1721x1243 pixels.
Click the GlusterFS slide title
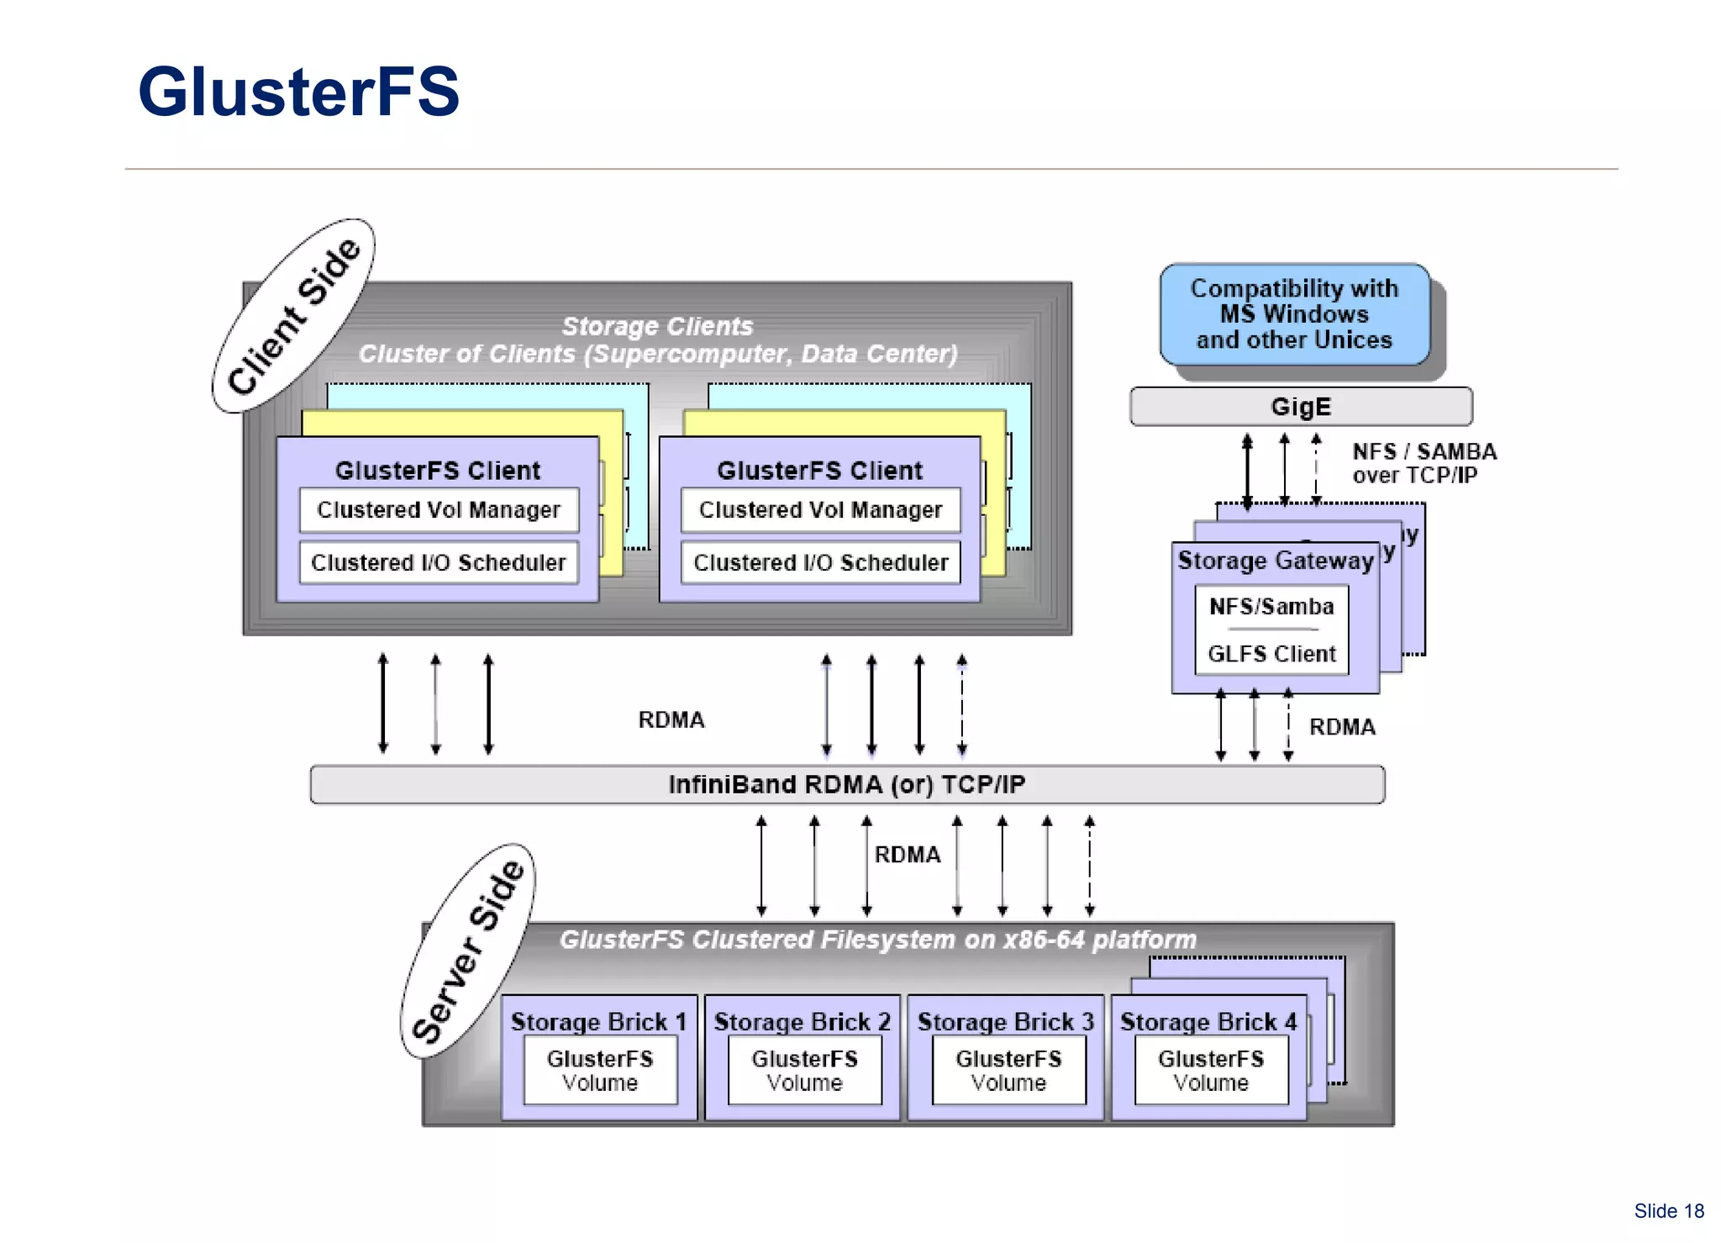pyautogui.click(x=299, y=92)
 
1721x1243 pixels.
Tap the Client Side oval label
pyautogui.click(x=293, y=315)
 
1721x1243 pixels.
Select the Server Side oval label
pyautogui.click(x=468, y=951)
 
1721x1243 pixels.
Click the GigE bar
pyautogui.click(x=1300, y=407)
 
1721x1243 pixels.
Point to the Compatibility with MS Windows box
pyautogui.click(x=1294, y=314)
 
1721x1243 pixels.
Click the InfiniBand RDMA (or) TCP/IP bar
pyautogui.click(x=846, y=784)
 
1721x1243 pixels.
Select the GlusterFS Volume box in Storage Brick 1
pyautogui.click(x=600, y=1070)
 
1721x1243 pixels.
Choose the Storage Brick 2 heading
pyautogui.click(x=802, y=1021)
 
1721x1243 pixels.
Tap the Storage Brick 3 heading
pyautogui.click(x=1005, y=1021)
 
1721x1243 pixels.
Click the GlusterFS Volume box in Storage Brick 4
pyautogui.click(x=1211, y=1070)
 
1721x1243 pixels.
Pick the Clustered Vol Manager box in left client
pyautogui.click(x=439, y=510)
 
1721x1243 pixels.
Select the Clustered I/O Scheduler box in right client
pyautogui.click(x=820, y=562)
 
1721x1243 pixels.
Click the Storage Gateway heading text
pyautogui.click(x=1275, y=561)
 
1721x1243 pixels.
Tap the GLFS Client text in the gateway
pyautogui.click(x=1271, y=654)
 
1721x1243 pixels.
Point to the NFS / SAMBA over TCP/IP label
pyautogui.click(x=1424, y=463)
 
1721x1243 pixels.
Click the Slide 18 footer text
pyautogui.click(x=1668, y=1211)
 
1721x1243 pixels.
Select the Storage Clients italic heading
pyautogui.click(x=657, y=326)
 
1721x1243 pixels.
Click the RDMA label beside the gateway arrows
pyautogui.click(x=1342, y=727)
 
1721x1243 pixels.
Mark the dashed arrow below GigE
pyautogui.click(x=1316, y=468)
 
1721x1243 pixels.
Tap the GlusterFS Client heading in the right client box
pyautogui.click(x=819, y=471)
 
